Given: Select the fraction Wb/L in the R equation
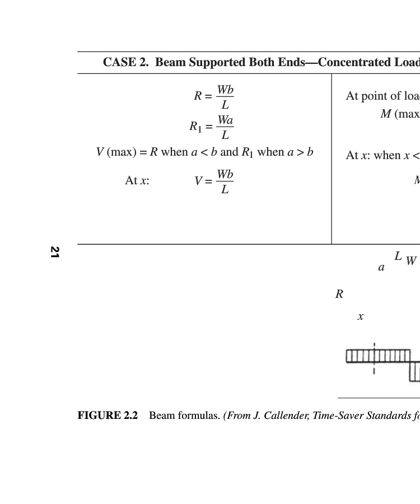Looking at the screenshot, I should [225, 97].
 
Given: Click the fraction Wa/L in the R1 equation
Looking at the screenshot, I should [225, 127].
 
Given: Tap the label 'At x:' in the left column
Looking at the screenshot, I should [137, 180].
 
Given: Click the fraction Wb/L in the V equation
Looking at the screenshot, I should [225, 181].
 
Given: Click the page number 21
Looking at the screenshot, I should [54, 252].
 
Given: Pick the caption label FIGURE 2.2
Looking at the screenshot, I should [108, 416].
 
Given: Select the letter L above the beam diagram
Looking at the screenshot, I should [398, 256].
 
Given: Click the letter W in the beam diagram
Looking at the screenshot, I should [411, 261].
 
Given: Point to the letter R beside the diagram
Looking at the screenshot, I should [339, 294].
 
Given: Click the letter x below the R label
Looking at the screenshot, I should [360, 316].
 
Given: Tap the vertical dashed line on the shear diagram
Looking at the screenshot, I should [374, 358].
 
